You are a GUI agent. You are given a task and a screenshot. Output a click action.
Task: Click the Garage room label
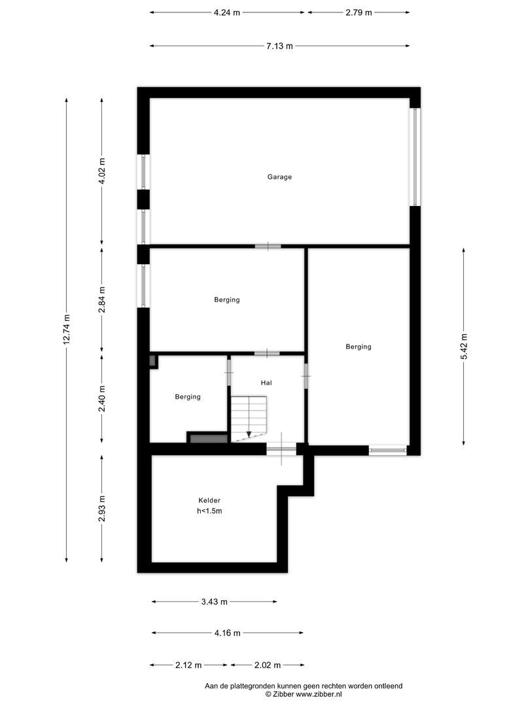279,176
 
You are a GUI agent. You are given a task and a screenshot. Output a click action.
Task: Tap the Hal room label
266,383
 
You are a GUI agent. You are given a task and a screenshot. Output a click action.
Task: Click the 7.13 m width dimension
279,46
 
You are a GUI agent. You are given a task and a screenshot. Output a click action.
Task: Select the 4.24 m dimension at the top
226,12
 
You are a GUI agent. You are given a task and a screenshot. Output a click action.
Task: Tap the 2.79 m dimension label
359,12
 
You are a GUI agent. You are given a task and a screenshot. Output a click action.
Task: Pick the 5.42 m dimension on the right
464,346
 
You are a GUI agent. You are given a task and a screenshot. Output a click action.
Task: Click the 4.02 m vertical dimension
101,171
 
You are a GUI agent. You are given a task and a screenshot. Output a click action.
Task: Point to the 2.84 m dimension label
101,300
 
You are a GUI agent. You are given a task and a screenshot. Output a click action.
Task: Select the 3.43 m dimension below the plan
214,601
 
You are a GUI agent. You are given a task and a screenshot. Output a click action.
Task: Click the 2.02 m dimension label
267,665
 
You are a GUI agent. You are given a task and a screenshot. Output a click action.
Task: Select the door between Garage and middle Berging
268,246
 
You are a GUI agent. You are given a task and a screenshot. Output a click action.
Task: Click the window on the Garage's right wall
414,157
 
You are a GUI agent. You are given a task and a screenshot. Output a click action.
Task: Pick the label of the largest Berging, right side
359,347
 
